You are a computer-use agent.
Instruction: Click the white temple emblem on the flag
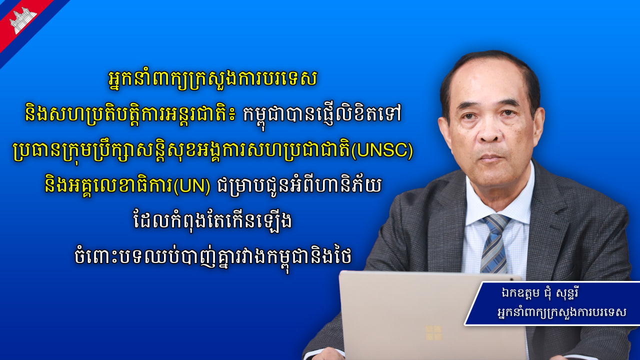pyautogui.click(x=22, y=20)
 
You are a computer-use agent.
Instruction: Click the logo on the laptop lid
pyautogui.click(x=433, y=332)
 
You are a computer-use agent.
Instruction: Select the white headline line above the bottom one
pyautogui.click(x=213, y=222)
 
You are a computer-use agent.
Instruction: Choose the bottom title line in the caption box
pyautogui.click(x=561, y=313)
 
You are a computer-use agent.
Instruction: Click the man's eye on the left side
pyautogui.click(x=469, y=115)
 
